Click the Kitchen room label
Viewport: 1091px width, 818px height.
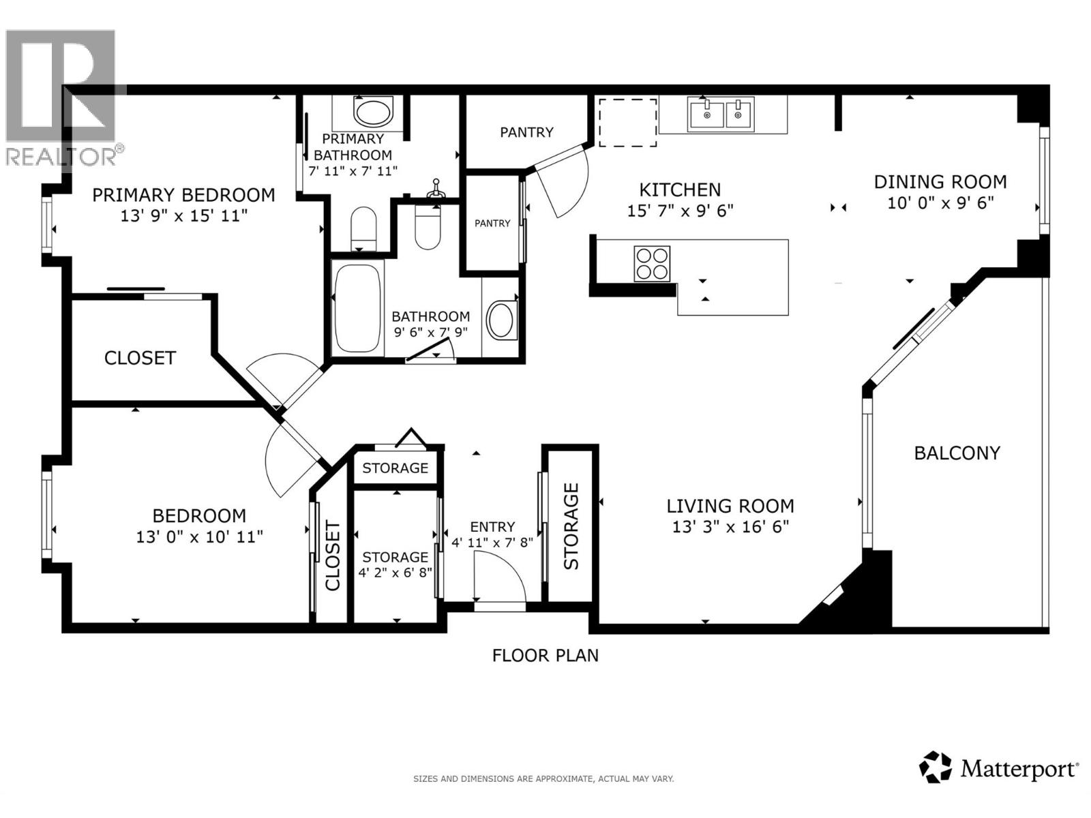point(679,190)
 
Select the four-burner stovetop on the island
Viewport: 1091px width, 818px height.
point(652,263)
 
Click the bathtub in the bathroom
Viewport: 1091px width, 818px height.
point(357,308)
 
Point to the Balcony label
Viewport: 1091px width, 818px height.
point(957,453)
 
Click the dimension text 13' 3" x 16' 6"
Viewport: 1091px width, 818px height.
point(730,527)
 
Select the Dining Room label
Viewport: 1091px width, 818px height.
point(940,182)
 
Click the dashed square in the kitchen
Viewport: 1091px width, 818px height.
point(627,122)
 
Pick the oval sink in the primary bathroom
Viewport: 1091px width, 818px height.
point(373,112)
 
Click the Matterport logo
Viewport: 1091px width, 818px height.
point(999,770)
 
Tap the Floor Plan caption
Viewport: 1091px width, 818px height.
point(545,655)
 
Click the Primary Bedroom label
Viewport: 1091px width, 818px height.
point(183,195)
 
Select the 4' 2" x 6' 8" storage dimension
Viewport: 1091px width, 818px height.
point(395,573)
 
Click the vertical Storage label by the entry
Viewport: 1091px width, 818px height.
point(571,526)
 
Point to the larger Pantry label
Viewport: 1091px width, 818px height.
point(526,132)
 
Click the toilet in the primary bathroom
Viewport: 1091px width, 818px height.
point(363,228)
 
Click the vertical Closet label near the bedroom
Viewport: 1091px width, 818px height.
point(332,556)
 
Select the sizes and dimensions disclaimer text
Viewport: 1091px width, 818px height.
point(543,778)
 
